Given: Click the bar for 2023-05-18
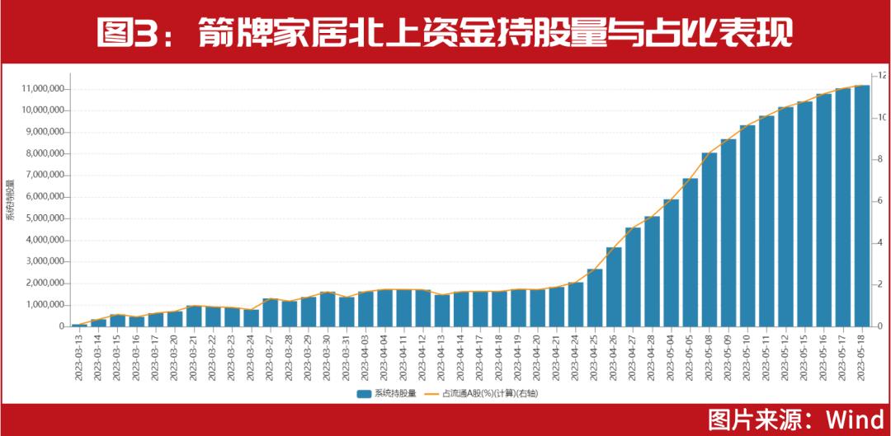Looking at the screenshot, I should click(861, 206).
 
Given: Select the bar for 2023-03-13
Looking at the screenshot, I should click(79, 325).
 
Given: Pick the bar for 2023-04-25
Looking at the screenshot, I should click(595, 298).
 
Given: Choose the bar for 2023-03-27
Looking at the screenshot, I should click(270, 312).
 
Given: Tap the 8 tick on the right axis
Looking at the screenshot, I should click(881, 159).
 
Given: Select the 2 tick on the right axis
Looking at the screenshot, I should click(881, 284).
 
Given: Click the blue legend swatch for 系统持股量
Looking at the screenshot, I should click(364, 394).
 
